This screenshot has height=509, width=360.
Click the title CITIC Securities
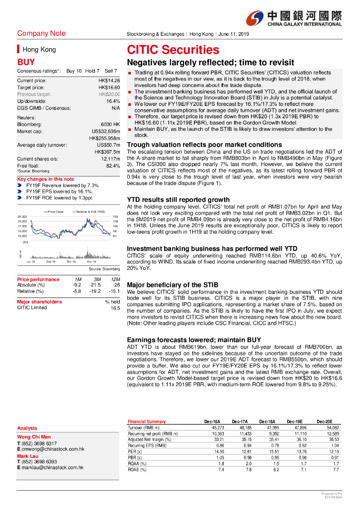173,50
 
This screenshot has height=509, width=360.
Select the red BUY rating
26,63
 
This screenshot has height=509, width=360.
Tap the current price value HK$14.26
109,81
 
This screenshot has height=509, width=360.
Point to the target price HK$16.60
109,87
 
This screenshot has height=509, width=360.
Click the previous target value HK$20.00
109,94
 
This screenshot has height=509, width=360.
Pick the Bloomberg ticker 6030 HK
110,124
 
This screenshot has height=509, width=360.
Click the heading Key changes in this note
45,179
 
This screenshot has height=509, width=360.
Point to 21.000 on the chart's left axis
22,217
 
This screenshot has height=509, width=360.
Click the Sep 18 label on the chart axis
50,261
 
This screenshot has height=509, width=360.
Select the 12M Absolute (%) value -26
116,285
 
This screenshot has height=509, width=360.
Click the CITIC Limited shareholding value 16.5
115,308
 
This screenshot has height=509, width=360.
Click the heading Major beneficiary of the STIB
173,285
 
